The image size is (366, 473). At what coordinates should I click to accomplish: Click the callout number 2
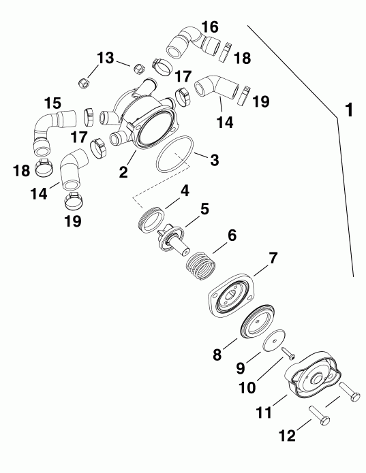tap(123, 172)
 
